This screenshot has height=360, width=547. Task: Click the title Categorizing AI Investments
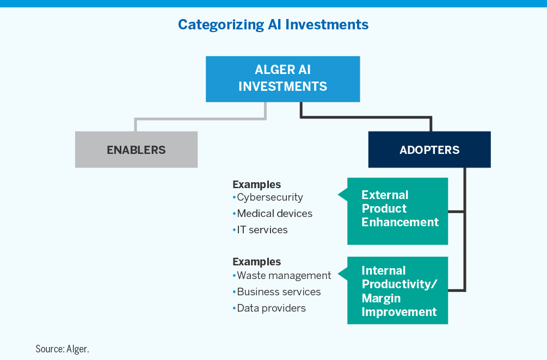pyautogui.click(x=273, y=24)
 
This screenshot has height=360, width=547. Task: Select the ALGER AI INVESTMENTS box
pyautogui.click(x=282, y=79)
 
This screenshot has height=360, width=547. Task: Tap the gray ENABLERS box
pyautogui.click(x=136, y=150)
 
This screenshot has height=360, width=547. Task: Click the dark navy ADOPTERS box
pyautogui.click(x=429, y=150)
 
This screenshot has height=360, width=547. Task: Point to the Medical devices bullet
pyautogui.click(x=274, y=213)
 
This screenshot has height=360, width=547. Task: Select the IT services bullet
pyautogui.click(x=262, y=229)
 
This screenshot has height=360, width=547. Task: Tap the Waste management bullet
pyautogui.click(x=284, y=275)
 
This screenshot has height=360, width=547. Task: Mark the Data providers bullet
pyautogui.click(x=271, y=308)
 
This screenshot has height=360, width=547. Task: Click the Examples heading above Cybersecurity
pyautogui.click(x=257, y=184)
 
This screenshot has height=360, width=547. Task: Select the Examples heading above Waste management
pyautogui.click(x=257, y=262)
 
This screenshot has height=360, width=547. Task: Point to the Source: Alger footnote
pyautogui.click(x=62, y=348)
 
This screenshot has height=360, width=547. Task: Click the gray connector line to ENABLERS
pyautogui.click(x=200, y=118)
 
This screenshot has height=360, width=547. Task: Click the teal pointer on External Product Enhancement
pyautogui.click(x=343, y=194)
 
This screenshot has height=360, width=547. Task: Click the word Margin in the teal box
pyautogui.click(x=381, y=298)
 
